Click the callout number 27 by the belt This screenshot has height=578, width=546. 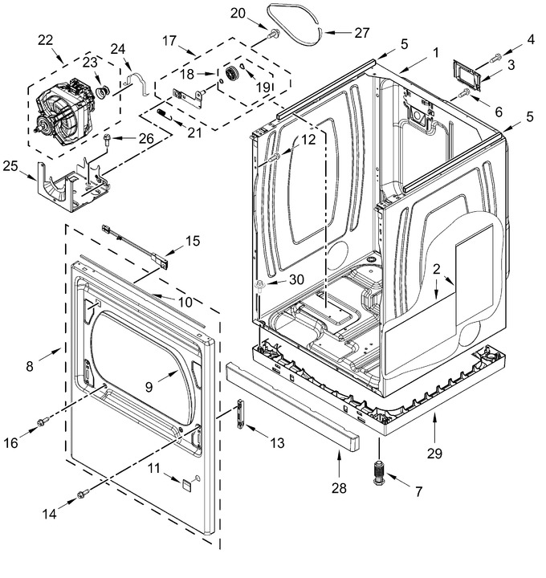click(361, 32)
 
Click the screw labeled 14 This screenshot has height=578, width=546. click(84, 493)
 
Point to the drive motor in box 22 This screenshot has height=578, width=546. click(63, 108)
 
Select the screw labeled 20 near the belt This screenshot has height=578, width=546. click(274, 34)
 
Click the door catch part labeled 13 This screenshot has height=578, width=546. click(240, 413)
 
